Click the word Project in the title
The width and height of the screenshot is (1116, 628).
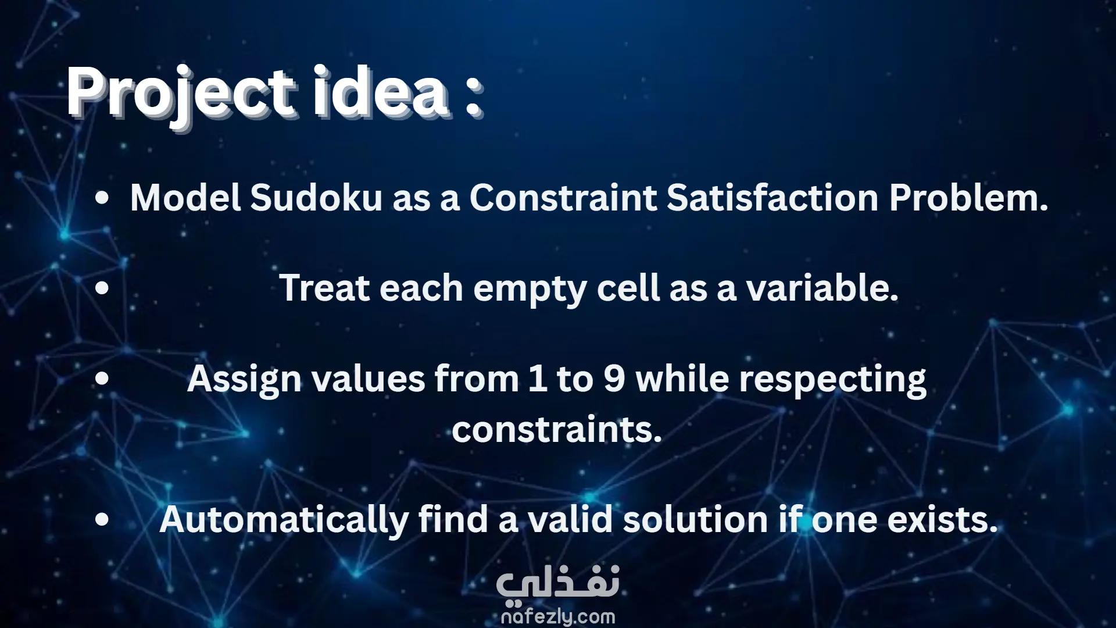pyautogui.click(x=182, y=95)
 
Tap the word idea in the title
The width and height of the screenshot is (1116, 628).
pyautogui.click(x=381, y=91)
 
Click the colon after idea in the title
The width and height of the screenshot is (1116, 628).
pyautogui.click(x=474, y=96)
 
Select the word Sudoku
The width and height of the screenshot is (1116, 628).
pyautogui.click(x=316, y=198)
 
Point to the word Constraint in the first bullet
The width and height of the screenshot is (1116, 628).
pyautogui.click(x=563, y=198)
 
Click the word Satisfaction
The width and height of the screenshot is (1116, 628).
pyautogui.click(x=772, y=198)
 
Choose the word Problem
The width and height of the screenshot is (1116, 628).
pyautogui.click(x=968, y=198)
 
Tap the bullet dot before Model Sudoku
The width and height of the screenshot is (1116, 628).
pyautogui.click(x=102, y=198)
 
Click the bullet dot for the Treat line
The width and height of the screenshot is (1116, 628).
pyautogui.click(x=102, y=288)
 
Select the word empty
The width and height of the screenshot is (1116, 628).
pyautogui.click(x=530, y=290)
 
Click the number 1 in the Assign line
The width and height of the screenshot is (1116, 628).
pyautogui.click(x=538, y=379)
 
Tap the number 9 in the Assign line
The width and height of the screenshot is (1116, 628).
pyautogui.click(x=614, y=379)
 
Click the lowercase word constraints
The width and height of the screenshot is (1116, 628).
pyautogui.click(x=557, y=430)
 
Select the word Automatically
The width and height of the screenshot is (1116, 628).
pyautogui.click(x=284, y=520)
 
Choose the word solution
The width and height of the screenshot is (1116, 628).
pyautogui.click(x=695, y=519)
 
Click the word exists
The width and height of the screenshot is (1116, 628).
pyautogui.click(x=942, y=519)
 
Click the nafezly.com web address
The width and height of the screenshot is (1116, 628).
pyautogui.click(x=558, y=616)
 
